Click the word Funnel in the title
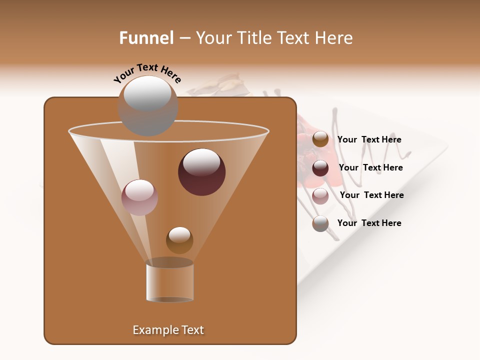click(x=146, y=38)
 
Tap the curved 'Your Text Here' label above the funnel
click(x=147, y=73)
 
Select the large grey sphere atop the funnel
click(x=147, y=106)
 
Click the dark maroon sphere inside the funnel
click(x=201, y=172)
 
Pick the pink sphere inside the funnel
click(x=139, y=197)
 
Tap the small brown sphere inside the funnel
click(x=179, y=240)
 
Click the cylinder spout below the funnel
click(x=170, y=282)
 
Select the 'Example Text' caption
click(x=168, y=330)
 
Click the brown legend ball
click(x=320, y=139)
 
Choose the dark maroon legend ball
click(x=320, y=168)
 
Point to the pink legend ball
click(x=320, y=195)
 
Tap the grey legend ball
click(x=320, y=223)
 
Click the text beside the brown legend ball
click(x=369, y=139)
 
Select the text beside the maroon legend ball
click(x=370, y=167)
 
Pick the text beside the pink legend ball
click(x=371, y=195)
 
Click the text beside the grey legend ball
click(x=369, y=223)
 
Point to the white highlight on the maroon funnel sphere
click(x=201, y=162)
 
